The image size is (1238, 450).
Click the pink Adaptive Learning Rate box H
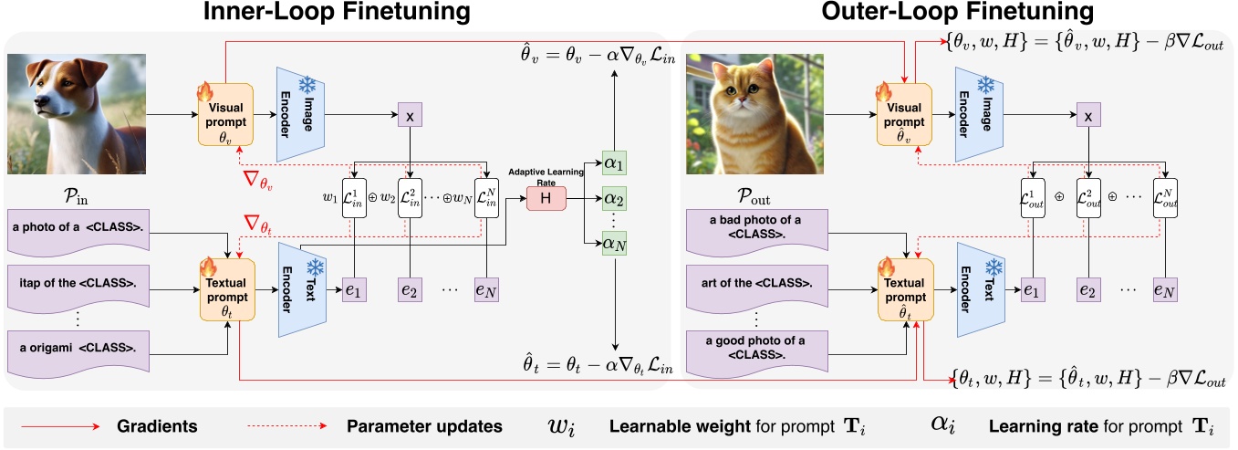pyautogui.click(x=546, y=197)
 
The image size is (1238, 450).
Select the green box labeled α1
pyautogui.click(x=616, y=161)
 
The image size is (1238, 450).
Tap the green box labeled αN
pyautogui.click(x=616, y=244)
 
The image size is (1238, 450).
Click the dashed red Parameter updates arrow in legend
pyautogui.click(x=287, y=425)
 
